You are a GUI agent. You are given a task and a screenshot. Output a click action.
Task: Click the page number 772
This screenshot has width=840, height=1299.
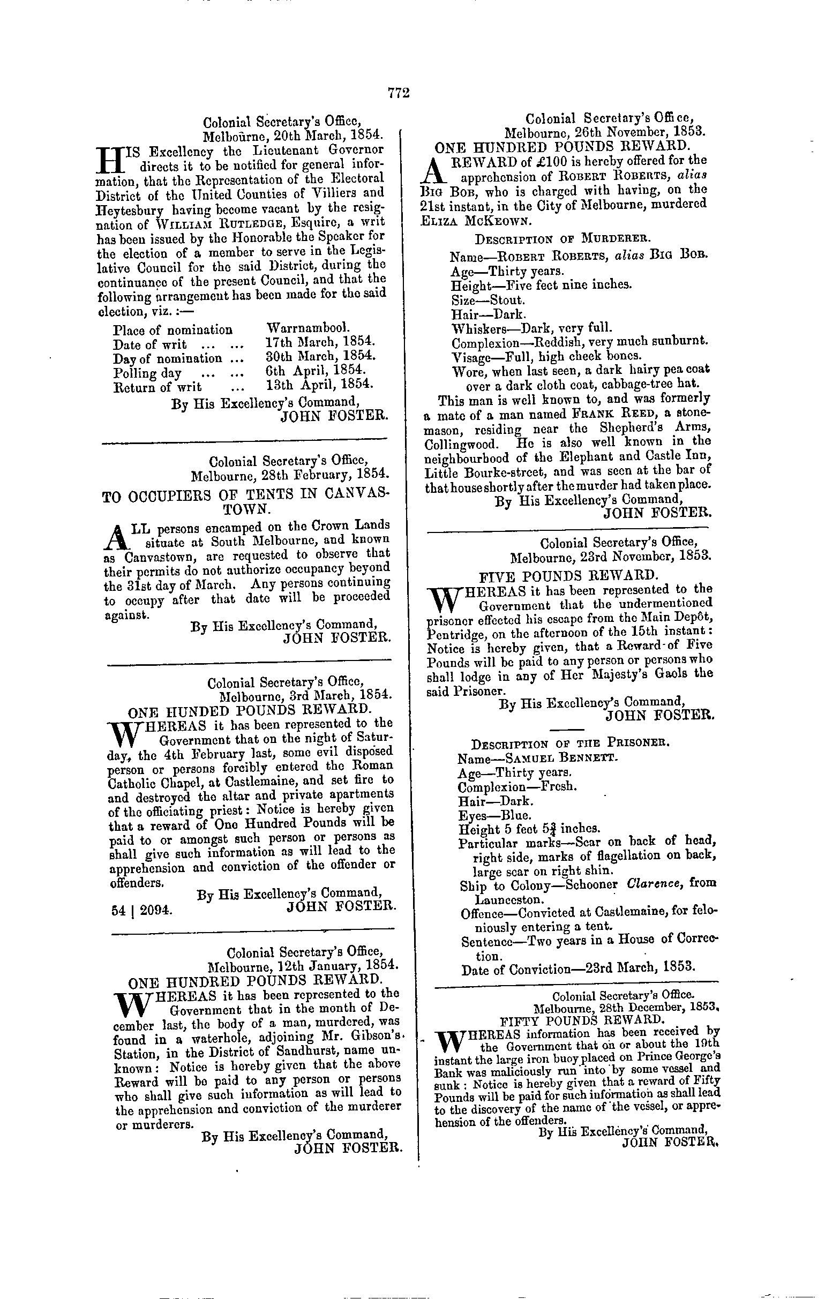[399, 93]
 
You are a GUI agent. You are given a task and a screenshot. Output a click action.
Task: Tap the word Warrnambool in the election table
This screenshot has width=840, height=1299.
[307, 329]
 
